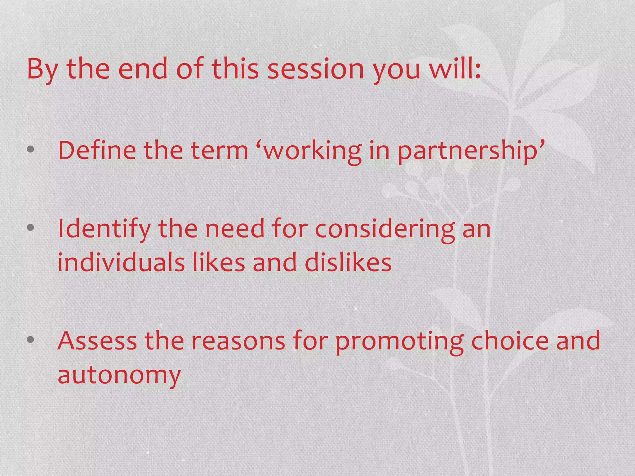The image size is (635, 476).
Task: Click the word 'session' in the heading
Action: point(315,69)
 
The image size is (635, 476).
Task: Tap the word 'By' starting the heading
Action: point(42,69)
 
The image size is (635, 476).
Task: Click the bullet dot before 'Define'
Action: point(30,150)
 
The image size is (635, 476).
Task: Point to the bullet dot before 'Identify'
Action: point(30,228)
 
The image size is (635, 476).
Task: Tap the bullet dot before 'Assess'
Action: point(30,340)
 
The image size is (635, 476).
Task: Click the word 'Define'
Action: point(97,150)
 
